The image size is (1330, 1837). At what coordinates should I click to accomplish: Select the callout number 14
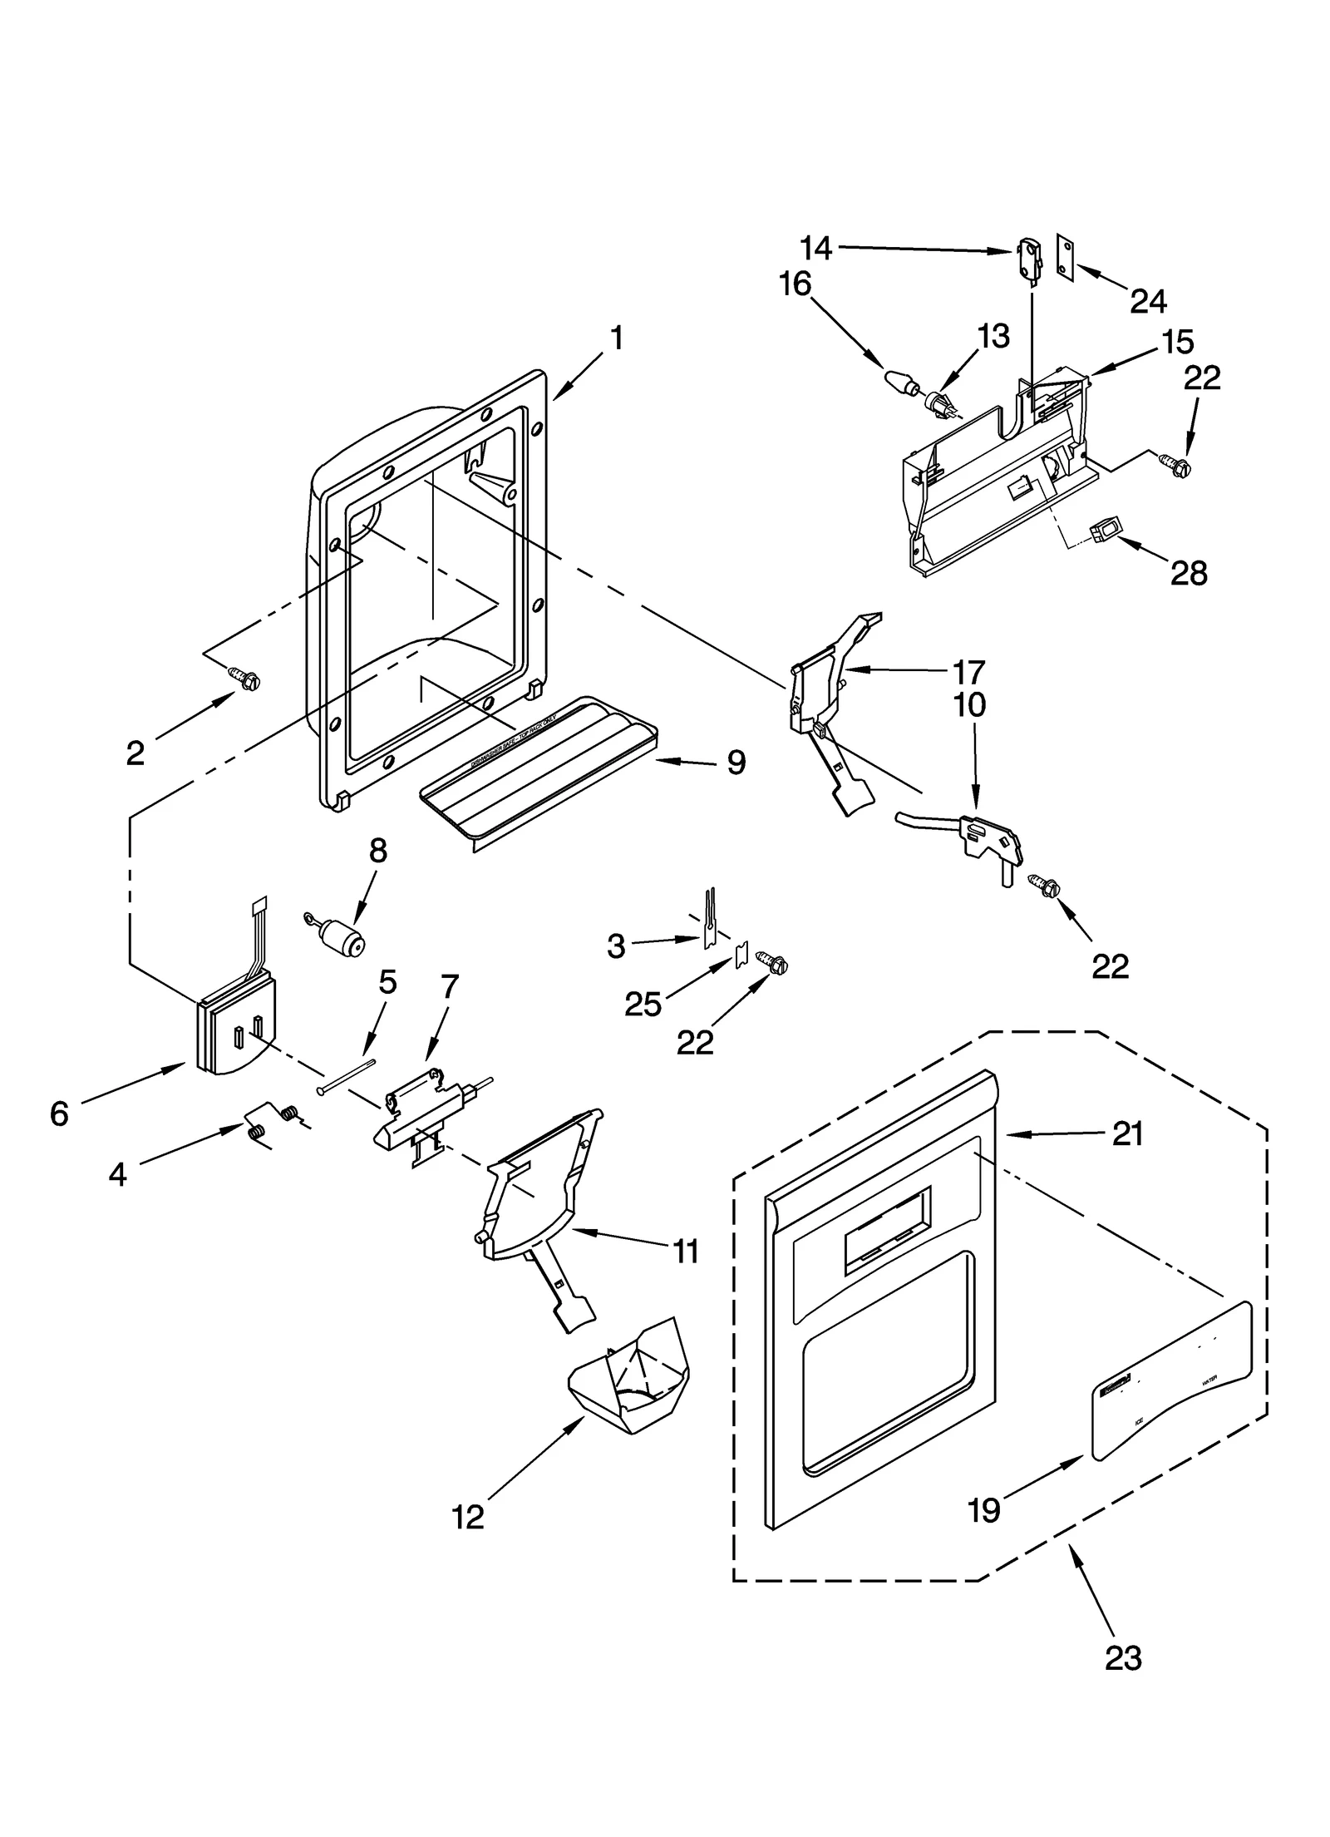tap(815, 247)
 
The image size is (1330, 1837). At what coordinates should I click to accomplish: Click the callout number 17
tap(968, 671)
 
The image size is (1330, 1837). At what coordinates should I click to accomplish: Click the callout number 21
tap(1127, 1133)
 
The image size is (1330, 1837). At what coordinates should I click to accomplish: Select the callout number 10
tap(969, 705)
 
